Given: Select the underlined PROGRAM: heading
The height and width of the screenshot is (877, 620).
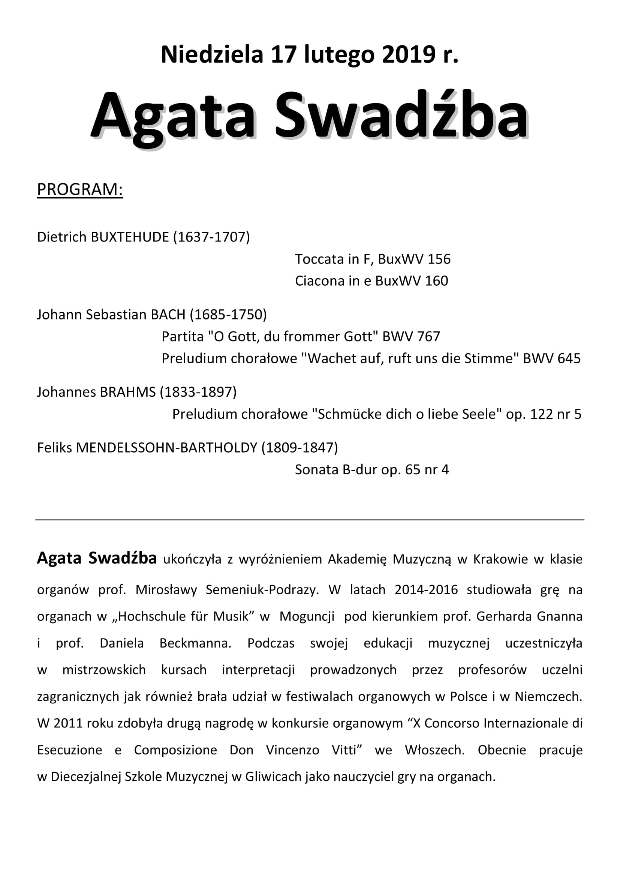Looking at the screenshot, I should (80, 189).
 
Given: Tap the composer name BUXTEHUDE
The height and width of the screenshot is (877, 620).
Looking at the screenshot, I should (130, 237).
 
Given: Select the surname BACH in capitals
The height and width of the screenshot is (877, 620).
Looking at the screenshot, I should (168, 315).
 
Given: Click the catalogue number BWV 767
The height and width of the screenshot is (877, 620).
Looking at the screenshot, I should (411, 336).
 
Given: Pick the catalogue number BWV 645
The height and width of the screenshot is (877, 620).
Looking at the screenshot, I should (552, 359).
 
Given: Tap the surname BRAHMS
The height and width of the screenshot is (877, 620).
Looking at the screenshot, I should (128, 392).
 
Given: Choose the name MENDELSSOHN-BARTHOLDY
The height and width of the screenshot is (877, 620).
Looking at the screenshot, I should (166, 448).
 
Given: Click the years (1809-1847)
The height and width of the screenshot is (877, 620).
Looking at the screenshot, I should (300, 448).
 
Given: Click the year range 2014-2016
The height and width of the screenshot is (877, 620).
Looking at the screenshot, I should (426, 590).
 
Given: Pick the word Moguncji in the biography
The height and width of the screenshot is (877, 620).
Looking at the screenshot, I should (307, 616).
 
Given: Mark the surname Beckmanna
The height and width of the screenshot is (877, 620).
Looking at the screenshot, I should (195, 643).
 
